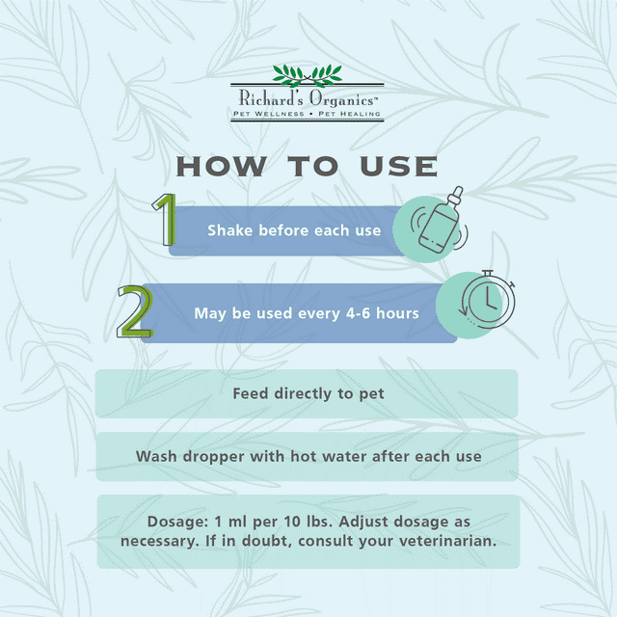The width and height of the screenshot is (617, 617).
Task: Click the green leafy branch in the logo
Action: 308,75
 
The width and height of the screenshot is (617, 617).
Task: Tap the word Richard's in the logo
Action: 271,98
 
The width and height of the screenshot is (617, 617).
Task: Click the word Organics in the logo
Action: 342,99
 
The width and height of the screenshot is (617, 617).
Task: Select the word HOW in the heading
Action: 221,167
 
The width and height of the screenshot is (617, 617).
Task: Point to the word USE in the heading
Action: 398,167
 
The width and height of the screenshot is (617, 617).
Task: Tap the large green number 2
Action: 135,311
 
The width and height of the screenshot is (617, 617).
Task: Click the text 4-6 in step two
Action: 358,313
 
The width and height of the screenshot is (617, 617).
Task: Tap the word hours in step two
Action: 397,313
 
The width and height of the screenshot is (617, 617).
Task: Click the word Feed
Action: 251,393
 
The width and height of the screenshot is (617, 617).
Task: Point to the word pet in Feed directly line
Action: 371,394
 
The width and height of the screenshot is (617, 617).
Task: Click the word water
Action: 344,456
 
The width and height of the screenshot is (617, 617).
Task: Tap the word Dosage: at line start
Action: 177,523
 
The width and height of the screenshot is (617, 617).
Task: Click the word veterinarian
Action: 447,541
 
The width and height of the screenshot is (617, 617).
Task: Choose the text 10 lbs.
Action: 308,522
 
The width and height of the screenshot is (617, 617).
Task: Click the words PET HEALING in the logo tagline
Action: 349,114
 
